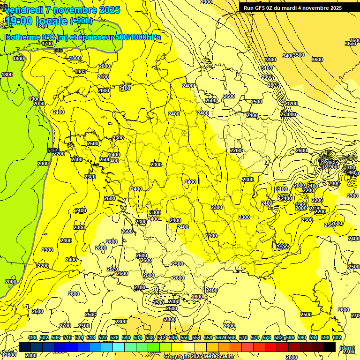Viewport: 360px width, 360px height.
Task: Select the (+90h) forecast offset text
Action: pos(81,21)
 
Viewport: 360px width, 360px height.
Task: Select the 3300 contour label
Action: pos(270,60)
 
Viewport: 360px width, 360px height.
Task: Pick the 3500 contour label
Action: pos(298,55)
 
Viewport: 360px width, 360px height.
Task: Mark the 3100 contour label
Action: pos(267,68)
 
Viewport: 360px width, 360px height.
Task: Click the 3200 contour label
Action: pos(292,104)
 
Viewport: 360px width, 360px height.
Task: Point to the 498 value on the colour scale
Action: pos(32,337)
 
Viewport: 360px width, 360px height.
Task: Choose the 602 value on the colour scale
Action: pos(337,337)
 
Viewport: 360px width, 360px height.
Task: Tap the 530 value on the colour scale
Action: pos(126,337)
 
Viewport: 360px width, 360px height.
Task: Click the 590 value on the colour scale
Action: pos(302,337)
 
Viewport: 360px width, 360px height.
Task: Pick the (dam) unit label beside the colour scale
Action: pos(347,347)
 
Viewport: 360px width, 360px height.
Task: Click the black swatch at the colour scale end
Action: pos(330,347)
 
